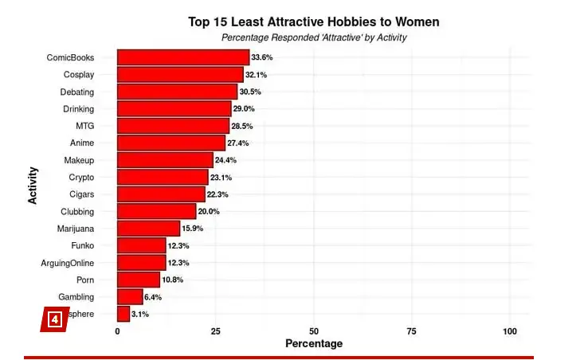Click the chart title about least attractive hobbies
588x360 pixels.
[x=313, y=22]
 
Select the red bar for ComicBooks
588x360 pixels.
[x=183, y=57]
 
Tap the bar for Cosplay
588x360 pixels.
[x=180, y=74]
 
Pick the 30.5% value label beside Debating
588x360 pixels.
[x=250, y=92]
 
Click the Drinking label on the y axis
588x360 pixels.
[x=79, y=108]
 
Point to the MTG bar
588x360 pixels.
[x=173, y=126]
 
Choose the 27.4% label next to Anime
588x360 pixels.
[x=238, y=143]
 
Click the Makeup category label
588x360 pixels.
[x=79, y=160]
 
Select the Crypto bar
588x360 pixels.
[x=163, y=178]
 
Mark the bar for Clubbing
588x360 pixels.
[x=156, y=211]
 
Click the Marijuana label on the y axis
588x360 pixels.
[x=76, y=229]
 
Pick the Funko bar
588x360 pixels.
[x=141, y=245]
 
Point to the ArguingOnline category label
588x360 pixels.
[x=67, y=263]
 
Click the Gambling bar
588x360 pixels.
[x=130, y=297]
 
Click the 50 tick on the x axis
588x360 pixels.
[x=314, y=331]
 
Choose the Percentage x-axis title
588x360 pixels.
[x=314, y=344]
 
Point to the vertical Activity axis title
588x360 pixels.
[x=33, y=185]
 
